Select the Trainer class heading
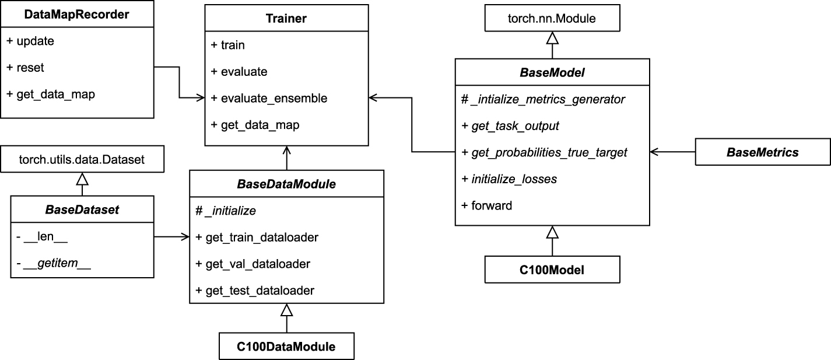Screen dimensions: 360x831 (286, 19)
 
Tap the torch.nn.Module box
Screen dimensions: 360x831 (552, 18)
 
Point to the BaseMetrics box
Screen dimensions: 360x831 (762, 152)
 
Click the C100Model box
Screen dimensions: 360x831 (552, 270)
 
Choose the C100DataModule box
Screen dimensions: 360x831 (286, 346)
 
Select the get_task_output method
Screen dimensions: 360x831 (511, 125)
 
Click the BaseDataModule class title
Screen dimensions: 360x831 (286, 184)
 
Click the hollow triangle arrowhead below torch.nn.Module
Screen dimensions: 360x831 (552, 39)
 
